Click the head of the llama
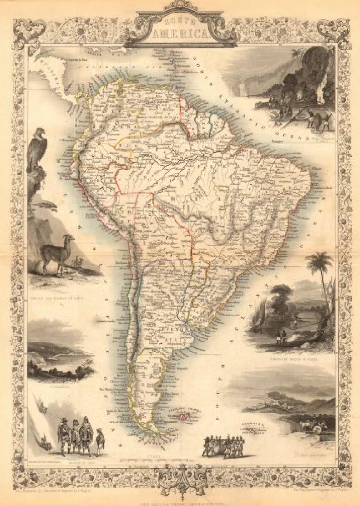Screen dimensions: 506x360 click(x=69, y=239)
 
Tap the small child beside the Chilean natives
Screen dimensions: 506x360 click(x=100, y=441)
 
